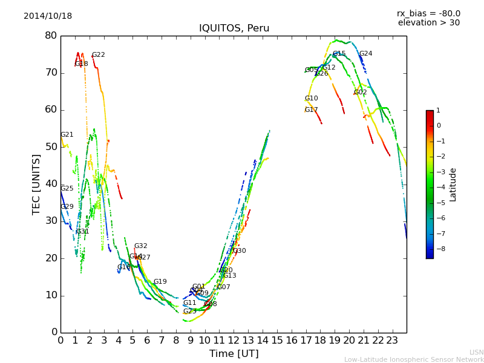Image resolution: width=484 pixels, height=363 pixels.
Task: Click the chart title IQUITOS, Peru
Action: pyautogui.click(x=234, y=28)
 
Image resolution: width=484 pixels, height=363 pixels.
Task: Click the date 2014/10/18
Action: pyautogui.click(x=48, y=16)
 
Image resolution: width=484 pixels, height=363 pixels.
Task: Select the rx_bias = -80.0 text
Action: pyautogui.click(x=428, y=13)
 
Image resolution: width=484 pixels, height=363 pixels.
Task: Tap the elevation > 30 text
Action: pyautogui.click(x=428, y=23)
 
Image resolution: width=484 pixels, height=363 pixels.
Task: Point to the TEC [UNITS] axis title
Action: pyautogui.click(x=36, y=184)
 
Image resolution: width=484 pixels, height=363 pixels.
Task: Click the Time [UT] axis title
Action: pyautogui.click(x=234, y=353)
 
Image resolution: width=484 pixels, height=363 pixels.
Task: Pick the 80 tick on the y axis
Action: pyautogui.click(x=51, y=36)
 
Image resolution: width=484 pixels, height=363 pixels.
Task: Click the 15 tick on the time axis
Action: pyautogui.click(x=277, y=341)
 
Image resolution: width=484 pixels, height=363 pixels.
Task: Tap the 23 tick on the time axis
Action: pyautogui.click(x=392, y=341)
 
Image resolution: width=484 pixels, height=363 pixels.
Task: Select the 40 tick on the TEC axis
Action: pyautogui.click(x=51, y=184)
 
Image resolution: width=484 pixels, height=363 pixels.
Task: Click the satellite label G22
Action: pyautogui.click(x=99, y=55)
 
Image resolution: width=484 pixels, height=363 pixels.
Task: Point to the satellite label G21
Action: pyautogui.click(x=67, y=135)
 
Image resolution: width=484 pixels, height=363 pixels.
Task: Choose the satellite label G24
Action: pyautogui.click(x=366, y=54)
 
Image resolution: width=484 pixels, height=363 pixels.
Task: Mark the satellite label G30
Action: pyautogui.click(x=240, y=251)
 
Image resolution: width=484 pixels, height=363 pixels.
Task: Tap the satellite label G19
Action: pyautogui.click(x=160, y=282)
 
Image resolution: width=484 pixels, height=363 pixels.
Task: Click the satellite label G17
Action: pyautogui.click(x=311, y=110)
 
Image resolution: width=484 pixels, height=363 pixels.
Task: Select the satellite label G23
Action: pyautogui.click(x=190, y=312)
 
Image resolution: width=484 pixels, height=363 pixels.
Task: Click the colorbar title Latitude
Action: pyautogui.click(x=453, y=185)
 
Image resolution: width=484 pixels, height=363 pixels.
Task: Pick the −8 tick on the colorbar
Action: pyautogui.click(x=438, y=249)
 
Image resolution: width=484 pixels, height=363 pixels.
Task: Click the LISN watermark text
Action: pyautogui.click(x=476, y=352)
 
